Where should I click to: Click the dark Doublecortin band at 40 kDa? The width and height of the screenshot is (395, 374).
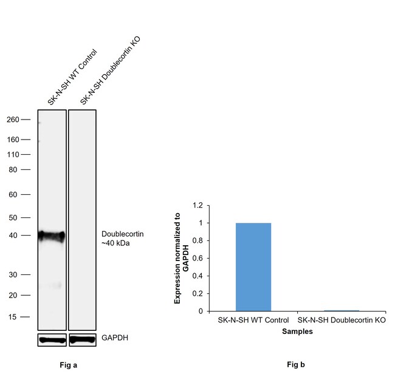(51, 236)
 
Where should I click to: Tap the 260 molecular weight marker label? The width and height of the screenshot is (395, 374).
(12, 120)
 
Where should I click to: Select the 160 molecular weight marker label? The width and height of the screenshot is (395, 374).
(12, 140)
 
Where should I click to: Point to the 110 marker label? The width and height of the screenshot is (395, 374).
(12, 154)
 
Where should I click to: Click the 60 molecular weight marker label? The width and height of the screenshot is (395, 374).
(14, 195)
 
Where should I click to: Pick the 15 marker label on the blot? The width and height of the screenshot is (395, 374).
(14, 317)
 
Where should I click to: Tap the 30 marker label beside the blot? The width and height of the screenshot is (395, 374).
(14, 274)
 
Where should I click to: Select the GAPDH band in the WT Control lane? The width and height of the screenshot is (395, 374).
(51, 339)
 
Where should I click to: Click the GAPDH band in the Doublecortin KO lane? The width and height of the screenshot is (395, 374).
(82, 339)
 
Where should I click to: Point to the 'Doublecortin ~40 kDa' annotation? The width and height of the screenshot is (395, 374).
(123, 238)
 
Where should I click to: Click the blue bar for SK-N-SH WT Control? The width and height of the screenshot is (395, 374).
(253, 267)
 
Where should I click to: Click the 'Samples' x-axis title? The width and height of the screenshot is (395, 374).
(297, 332)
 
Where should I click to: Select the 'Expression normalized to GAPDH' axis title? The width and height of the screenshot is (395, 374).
(182, 258)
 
